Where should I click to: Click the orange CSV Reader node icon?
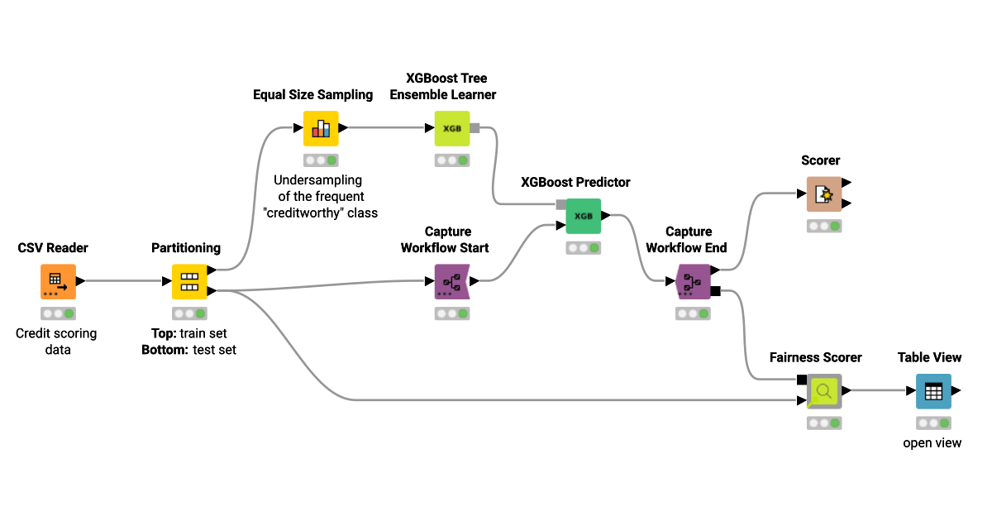[58, 281]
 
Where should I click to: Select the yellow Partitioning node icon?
[188, 281]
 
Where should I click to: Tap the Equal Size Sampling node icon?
[321, 128]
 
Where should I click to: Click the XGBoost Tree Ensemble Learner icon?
[451, 128]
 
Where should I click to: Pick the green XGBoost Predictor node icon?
[583, 216]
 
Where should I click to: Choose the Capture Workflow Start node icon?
[451, 281]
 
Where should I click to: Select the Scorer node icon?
[823, 194]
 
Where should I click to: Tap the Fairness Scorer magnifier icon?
[823, 390]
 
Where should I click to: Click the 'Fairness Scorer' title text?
[815, 357]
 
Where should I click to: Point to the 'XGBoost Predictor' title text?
[575, 182]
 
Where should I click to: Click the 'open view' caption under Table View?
[932, 442]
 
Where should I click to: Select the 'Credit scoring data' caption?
[57, 342]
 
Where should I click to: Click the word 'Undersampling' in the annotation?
[318, 179]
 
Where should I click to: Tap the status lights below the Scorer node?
[823, 226]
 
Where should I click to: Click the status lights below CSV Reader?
[58, 313]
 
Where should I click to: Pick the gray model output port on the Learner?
[475, 128]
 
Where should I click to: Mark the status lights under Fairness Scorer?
[823, 423]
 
